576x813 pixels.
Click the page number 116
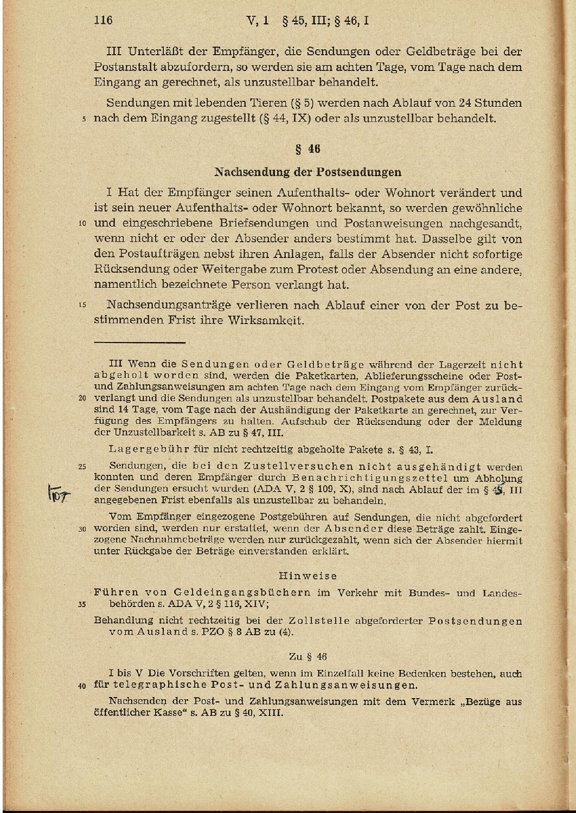103,21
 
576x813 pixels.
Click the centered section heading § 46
308,149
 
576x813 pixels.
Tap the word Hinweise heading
308,576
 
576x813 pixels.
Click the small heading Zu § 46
308,656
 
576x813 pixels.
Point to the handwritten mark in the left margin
56,493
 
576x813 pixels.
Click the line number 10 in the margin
82,223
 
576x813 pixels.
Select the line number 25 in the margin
82,466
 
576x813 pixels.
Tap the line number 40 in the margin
82,686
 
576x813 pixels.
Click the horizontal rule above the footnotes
139,342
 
